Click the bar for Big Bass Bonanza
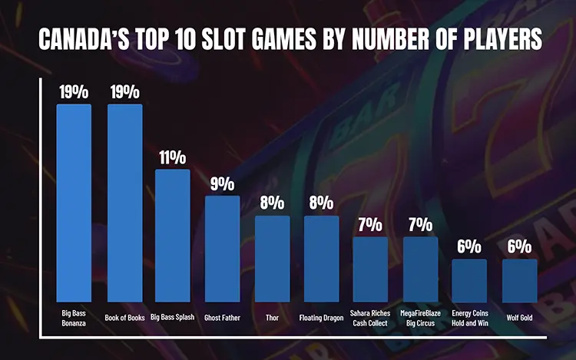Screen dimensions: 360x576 [74, 203]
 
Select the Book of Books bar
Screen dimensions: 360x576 [124, 203]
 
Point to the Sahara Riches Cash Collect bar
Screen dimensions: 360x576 [370, 269]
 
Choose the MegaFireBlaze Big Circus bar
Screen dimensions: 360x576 [420, 269]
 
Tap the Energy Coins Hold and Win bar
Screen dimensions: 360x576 [468, 280]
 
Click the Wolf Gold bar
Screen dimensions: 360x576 [519, 280]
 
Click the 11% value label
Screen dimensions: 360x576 [173, 157]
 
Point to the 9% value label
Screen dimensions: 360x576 [222, 184]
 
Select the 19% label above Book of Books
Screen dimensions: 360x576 [124, 92]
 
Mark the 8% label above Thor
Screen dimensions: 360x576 [272, 203]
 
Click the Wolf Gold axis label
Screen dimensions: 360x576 [519, 315]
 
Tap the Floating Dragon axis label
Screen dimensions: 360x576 [321, 315]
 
